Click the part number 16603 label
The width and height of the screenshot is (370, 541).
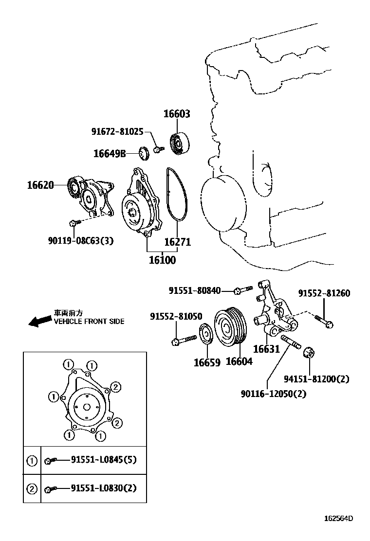[176, 114]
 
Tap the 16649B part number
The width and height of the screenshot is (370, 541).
[110, 154]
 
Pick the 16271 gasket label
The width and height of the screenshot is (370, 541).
[177, 242]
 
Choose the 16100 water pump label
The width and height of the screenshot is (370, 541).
[162, 260]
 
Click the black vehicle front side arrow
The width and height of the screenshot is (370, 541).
[39, 321]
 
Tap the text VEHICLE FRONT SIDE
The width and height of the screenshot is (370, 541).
[89, 322]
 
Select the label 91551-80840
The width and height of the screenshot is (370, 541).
[195, 290]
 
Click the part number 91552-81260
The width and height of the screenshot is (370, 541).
[324, 293]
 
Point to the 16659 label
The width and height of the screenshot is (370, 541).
[207, 362]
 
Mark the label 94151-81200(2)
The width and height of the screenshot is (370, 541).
[316, 379]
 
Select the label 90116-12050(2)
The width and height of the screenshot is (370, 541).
[273, 394]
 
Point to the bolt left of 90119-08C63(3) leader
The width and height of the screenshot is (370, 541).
[73, 223]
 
